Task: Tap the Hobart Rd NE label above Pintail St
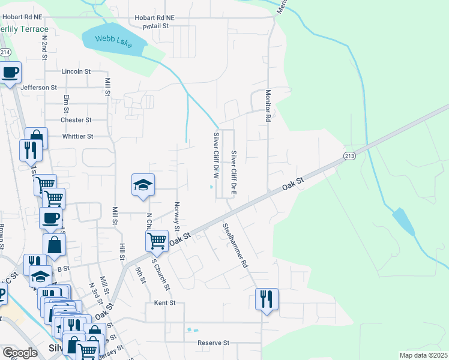(x=154, y=18)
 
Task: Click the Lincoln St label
(x=76, y=71)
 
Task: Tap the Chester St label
(x=76, y=120)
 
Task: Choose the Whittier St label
(x=77, y=136)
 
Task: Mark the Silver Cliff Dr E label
(x=234, y=173)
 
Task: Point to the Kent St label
(x=164, y=303)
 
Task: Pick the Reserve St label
(x=214, y=343)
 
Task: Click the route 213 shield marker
(x=350, y=156)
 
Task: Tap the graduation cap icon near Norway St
(x=143, y=185)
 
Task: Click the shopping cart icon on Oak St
(x=157, y=241)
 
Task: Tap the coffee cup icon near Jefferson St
(x=10, y=73)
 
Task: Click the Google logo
(x=19, y=353)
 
